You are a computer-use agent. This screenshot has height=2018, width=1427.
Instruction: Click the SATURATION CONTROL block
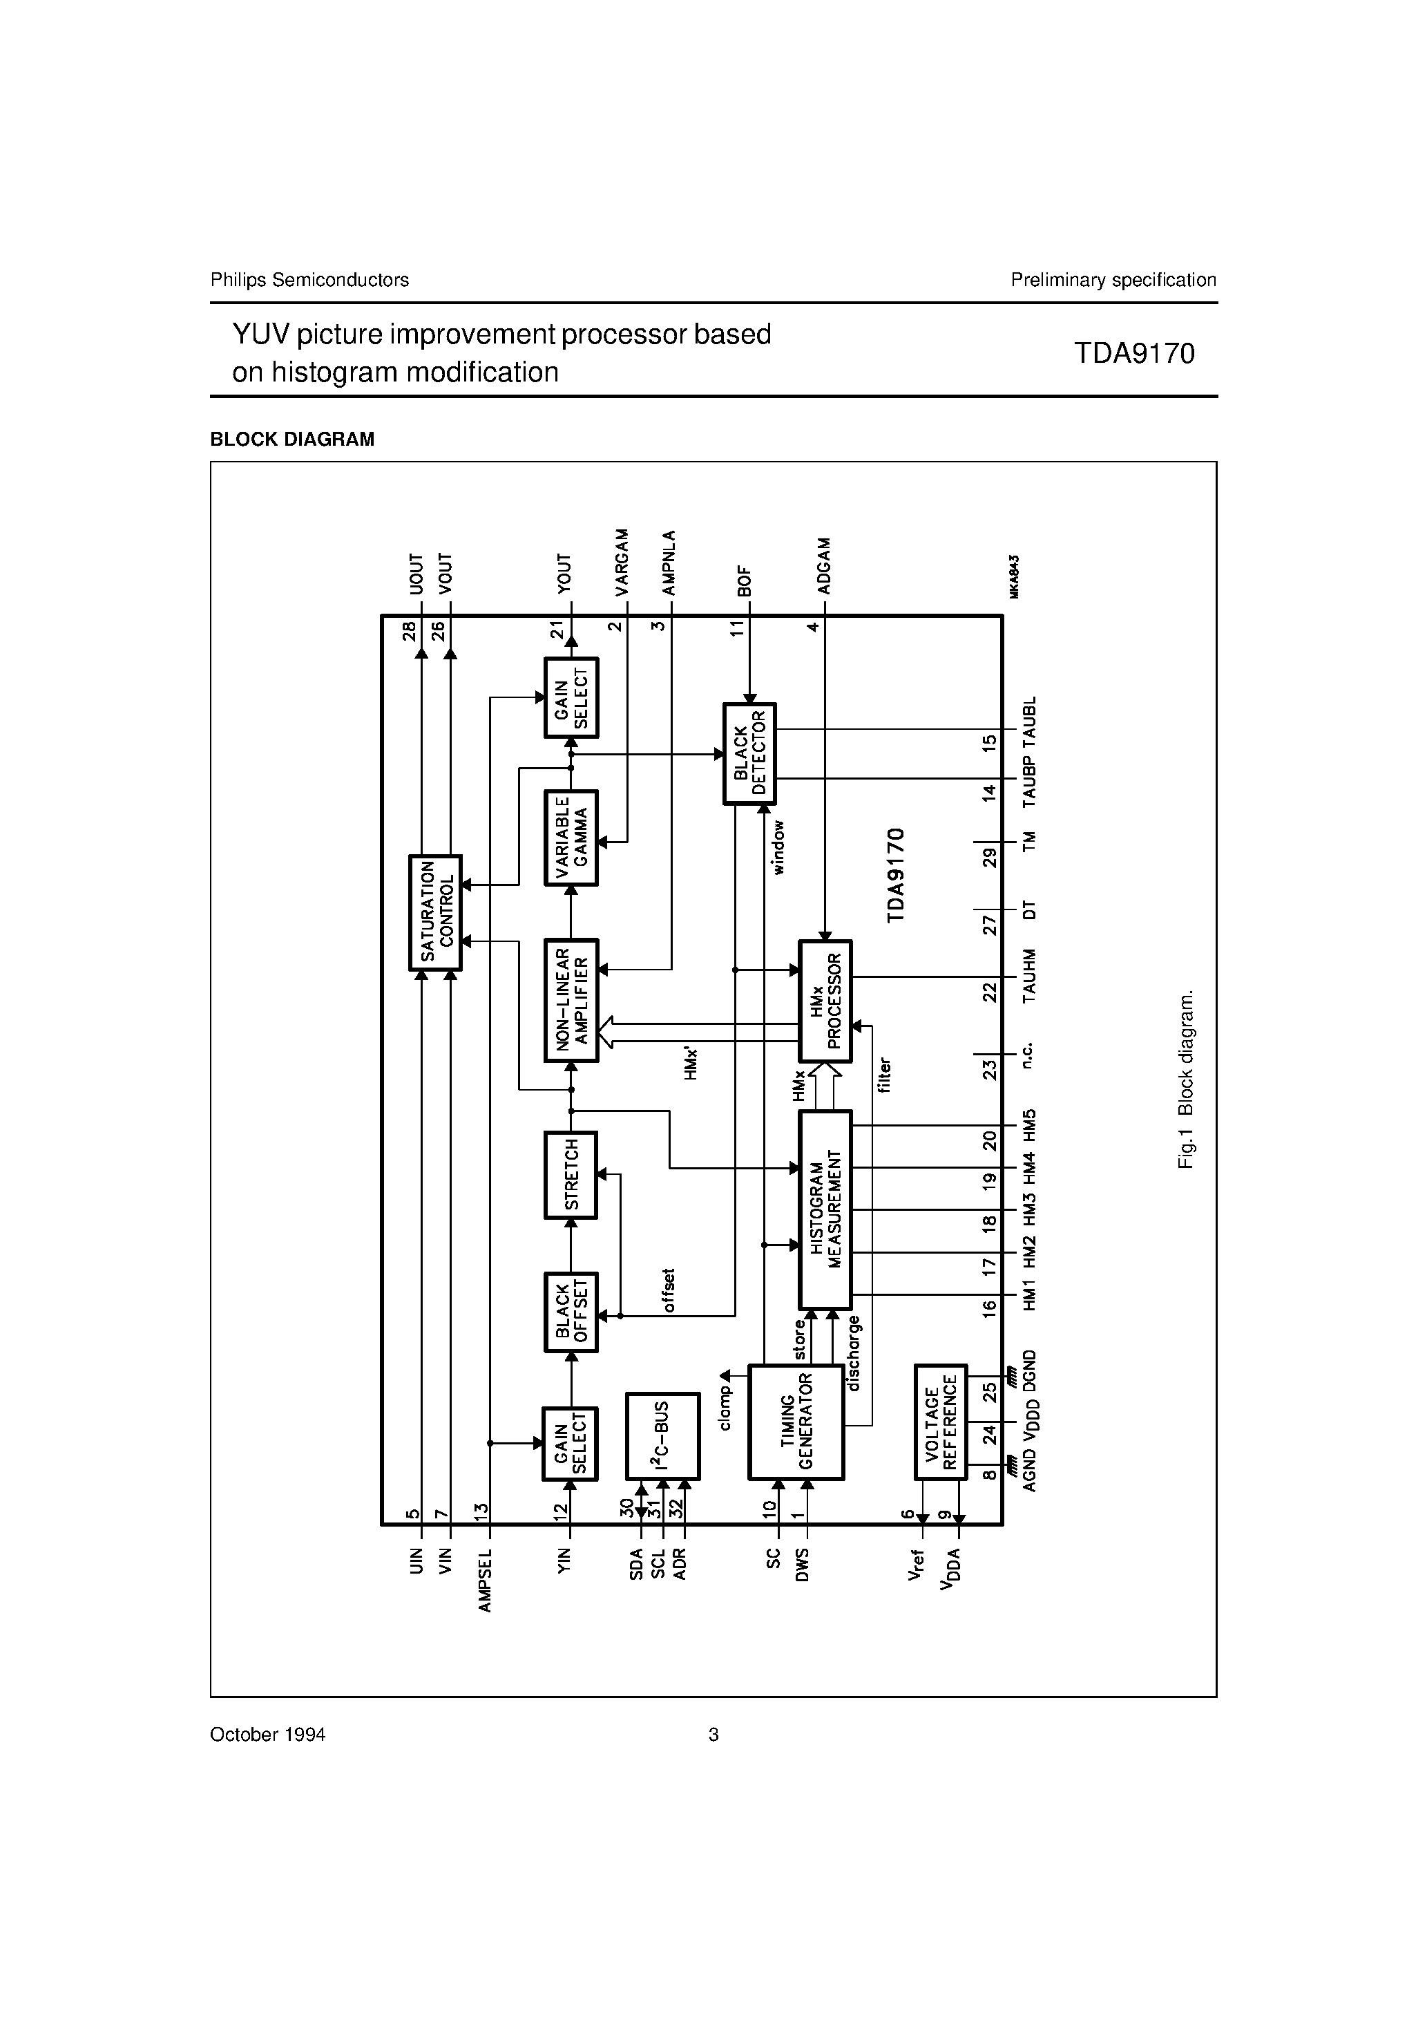436,912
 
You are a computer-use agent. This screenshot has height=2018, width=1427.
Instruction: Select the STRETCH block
571,1174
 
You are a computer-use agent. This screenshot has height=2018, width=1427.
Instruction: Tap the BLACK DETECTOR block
749,753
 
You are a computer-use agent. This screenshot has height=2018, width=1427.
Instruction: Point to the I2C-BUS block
662,1435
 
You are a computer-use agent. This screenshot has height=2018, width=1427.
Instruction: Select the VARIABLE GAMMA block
571,838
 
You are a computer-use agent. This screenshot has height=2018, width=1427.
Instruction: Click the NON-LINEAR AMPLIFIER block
571,1000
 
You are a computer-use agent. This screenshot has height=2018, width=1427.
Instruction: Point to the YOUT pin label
565,573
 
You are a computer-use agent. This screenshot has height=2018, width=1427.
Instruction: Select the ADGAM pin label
823,565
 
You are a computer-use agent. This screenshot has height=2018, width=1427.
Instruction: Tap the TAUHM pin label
1030,976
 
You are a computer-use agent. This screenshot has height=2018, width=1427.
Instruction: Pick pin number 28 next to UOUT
410,631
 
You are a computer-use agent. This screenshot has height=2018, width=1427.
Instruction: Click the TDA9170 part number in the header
1133,353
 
